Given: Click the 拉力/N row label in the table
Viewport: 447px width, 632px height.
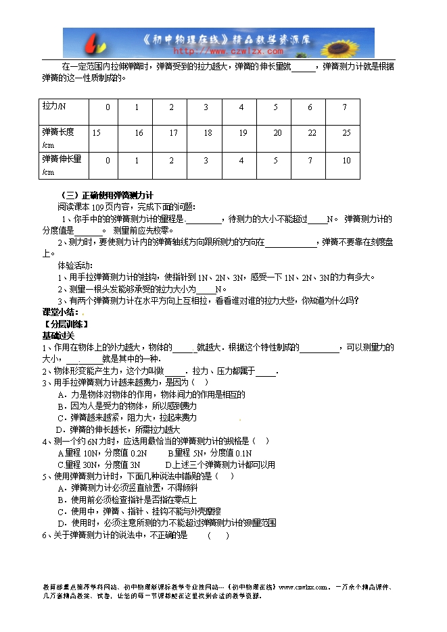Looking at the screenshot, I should click(x=54, y=107).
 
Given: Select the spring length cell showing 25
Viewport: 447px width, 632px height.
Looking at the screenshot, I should click(x=346, y=132).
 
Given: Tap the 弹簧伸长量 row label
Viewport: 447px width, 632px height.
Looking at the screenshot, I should click(x=62, y=159).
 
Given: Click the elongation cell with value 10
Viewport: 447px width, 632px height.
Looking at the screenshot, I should click(x=346, y=160).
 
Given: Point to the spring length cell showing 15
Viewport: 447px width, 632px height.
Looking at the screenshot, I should click(x=96, y=132).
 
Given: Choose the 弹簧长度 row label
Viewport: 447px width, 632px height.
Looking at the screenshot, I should click(x=58, y=132).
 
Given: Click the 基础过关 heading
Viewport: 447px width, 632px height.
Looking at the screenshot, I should click(x=58, y=335).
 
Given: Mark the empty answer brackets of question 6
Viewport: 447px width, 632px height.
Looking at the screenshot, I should click(x=218, y=535).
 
